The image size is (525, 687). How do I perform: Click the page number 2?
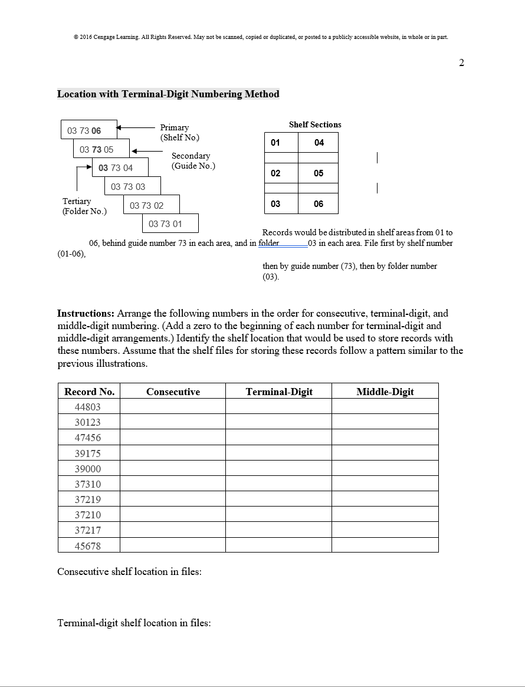coord(461,63)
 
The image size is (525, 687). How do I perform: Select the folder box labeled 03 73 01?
coord(170,224)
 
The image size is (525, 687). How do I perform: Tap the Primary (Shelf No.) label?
coord(179,132)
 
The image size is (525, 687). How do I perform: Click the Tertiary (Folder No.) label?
coord(84,206)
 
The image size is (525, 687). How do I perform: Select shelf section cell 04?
coord(319,143)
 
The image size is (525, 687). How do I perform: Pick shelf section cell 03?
coord(275,204)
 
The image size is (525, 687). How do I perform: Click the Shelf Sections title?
coord(315,125)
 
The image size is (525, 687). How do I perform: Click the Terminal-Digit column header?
coord(279,392)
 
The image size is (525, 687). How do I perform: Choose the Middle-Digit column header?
coord(385,392)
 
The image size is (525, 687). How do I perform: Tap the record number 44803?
coord(88,407)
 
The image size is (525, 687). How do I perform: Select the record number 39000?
coord(88,469)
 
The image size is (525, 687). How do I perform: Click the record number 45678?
coord(88,546)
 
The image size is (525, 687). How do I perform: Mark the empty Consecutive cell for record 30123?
coord(172,422)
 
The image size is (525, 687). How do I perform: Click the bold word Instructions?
coord(86,313)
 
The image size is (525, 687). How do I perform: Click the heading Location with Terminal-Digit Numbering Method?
coord(168,94)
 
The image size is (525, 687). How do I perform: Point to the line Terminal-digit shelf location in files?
coord(134,623)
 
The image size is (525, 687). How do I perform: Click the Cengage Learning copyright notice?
coord(260,37)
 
